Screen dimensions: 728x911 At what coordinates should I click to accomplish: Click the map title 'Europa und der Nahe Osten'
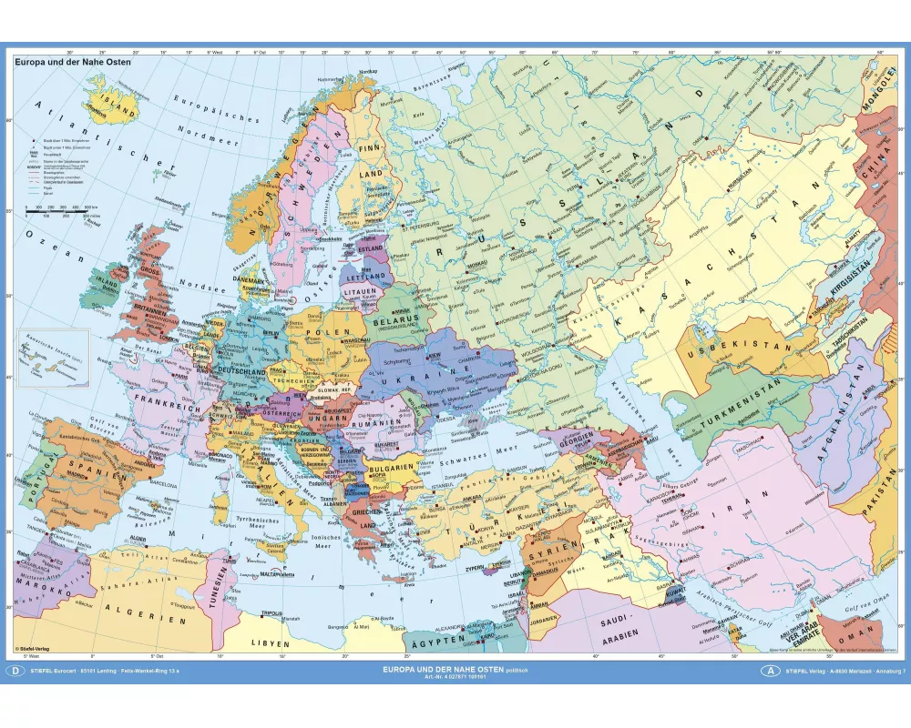pos(72,63)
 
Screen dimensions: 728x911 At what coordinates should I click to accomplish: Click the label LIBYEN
pos(265,642)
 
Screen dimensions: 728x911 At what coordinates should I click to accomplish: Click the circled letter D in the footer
pos(15,671)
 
